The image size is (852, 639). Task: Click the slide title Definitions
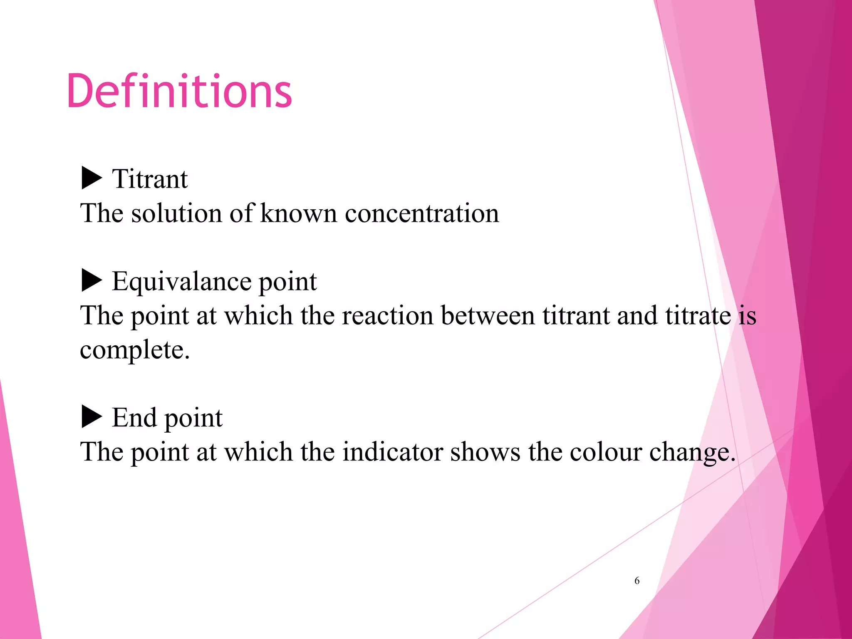pos(179,91)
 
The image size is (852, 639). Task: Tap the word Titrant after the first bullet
pos(150,179)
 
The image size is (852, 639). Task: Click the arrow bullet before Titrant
pos(92,178)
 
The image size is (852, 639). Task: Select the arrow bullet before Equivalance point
pos(92,280)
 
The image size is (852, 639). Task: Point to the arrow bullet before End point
pos(92,416)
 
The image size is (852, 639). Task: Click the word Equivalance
pos(181,282)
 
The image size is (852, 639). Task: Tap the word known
pos(298,213)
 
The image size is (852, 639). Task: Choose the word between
pos(488,316)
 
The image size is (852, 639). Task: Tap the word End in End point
pos(134,418)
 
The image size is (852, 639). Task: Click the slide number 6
pos(637,581)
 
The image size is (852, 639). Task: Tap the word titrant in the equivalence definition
pos(576,316)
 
